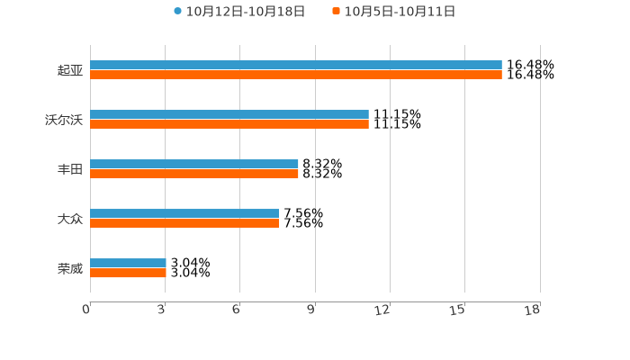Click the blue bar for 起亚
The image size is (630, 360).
tap(295, 65)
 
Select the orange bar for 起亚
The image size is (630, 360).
tap(295, 76)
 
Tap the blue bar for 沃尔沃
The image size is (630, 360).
tap(229, 114)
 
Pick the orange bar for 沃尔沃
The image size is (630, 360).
tap(229, 125)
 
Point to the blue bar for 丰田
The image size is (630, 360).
tap(193, 164)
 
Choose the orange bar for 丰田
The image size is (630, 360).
tap(193, 175)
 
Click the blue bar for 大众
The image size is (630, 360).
tap(184, 213)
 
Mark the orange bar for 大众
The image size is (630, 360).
tap(184, 224)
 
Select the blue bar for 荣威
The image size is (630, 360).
tap(128, 263)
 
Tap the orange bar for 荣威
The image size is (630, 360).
tap(128, 274)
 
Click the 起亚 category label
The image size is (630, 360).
tap(69, 70)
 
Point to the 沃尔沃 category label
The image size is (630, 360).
tap(63, 120)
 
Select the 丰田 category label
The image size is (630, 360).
tap(69, 169)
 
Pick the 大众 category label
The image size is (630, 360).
tap(69, 219)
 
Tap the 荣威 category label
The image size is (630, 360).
tap(69, 268)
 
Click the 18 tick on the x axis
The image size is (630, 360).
tap(532, 310)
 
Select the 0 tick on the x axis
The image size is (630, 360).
tap(86, 310)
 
